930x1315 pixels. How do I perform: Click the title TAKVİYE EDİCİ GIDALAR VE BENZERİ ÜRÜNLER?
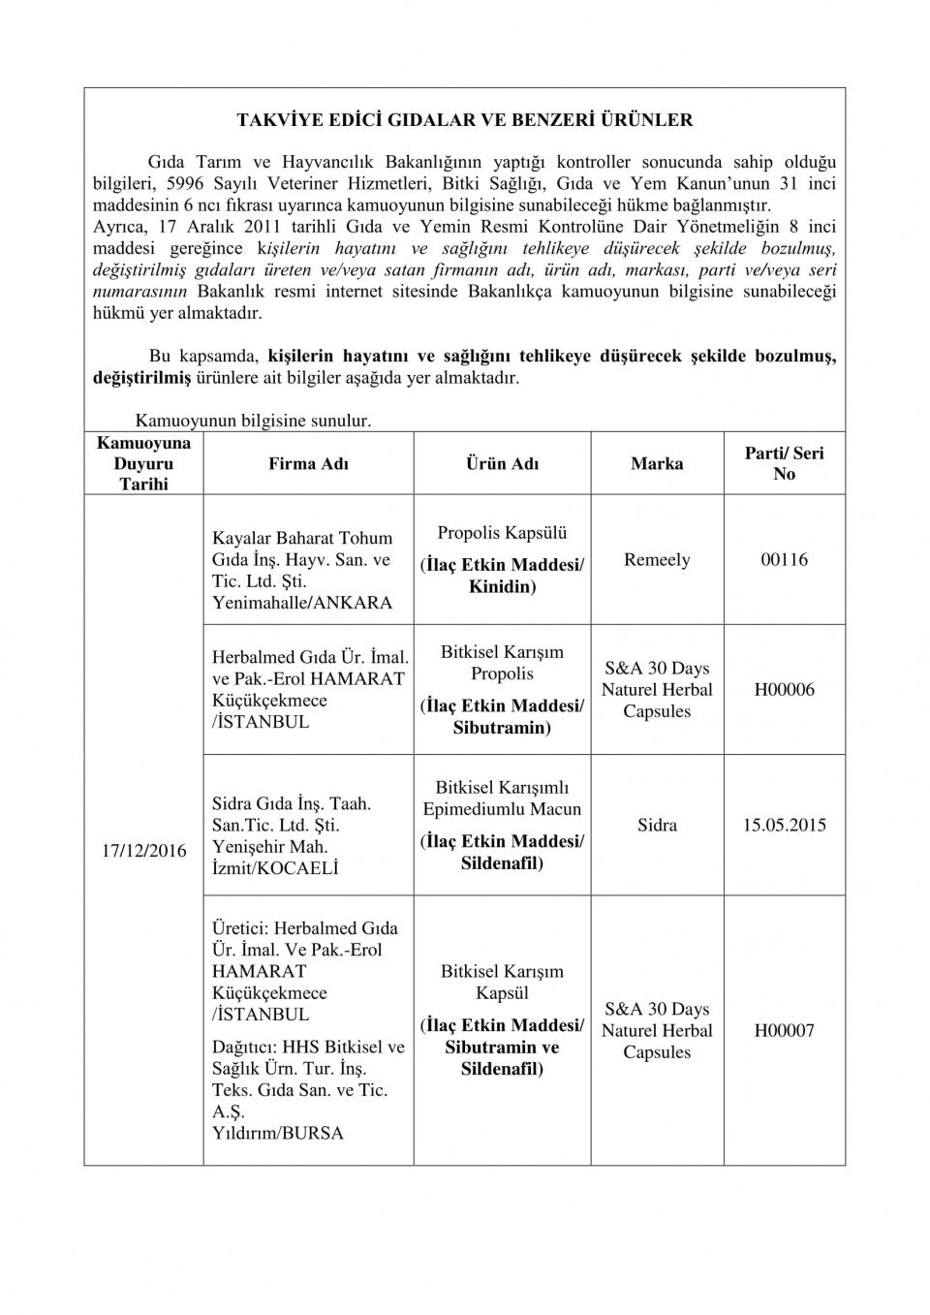tap(465, 120)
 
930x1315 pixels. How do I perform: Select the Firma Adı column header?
tap(308, 463)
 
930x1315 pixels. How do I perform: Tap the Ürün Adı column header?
tap(502, 463)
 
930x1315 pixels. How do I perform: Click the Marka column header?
tap(657, 463)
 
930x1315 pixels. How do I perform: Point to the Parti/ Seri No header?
tap(784, 463)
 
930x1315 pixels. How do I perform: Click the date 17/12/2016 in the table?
tap(143, 850)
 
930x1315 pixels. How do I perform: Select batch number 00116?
tap(784, 559)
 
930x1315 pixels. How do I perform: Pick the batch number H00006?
tap(784, 689)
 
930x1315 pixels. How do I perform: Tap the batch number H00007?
tap(784, 1030)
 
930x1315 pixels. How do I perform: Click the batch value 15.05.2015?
tap(784, 825)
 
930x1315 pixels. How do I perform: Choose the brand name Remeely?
tap(657, 559)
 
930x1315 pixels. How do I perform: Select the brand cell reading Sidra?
tap(657, 825)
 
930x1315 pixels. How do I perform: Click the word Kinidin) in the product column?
tap(502, 586)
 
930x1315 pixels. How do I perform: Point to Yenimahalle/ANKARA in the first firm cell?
tap(302, 602)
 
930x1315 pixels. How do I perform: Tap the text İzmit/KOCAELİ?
tap(275, 868)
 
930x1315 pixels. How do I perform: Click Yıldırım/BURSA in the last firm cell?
tap(278, 1133)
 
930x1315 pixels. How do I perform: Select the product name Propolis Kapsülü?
tap(502, 532)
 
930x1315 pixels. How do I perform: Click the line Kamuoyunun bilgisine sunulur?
tap(253, 421)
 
